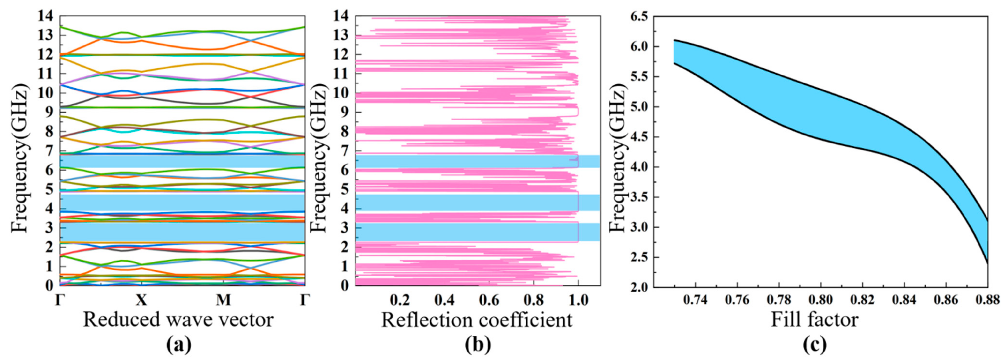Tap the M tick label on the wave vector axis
[223, 300]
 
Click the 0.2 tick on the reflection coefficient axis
[400, 300]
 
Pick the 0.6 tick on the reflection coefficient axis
[489, 300]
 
